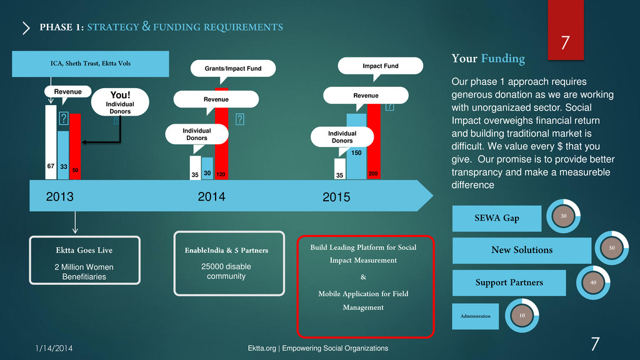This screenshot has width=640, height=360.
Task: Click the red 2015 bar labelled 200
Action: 373,144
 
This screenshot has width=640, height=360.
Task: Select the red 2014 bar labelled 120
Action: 221,147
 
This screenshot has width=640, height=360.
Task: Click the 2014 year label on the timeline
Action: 211,197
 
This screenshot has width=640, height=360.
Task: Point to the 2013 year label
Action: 60,197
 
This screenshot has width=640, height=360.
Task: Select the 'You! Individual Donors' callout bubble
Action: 120,102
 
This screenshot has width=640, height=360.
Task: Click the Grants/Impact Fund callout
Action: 233,68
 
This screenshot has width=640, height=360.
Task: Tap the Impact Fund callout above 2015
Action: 380,66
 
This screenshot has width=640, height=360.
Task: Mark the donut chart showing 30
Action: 564,216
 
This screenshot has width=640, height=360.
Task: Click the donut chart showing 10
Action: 521,316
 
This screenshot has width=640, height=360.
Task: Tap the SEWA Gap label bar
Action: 496,218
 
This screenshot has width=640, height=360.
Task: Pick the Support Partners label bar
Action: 509,282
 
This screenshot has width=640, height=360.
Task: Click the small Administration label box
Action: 475,316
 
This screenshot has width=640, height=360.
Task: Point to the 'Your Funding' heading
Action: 488,59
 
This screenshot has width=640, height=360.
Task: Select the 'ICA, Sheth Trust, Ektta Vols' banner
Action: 91,64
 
